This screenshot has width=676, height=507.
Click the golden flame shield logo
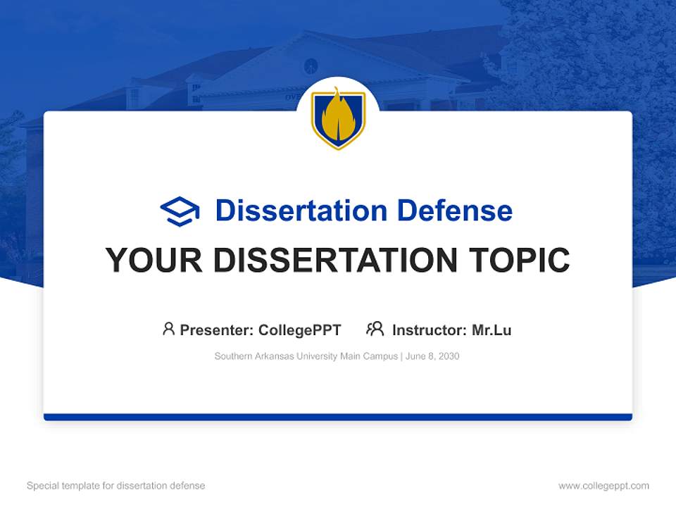[x=338, y=118]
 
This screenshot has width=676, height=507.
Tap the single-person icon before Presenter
[x=168, y=329]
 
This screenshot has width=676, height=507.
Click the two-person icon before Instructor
[x=375, y=329]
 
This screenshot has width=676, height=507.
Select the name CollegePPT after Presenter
[x=299, y=330]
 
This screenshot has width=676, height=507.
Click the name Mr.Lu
[x=492, y=330]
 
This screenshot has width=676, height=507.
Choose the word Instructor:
[x=430, y=330]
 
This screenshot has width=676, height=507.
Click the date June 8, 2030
[x=432, y=356]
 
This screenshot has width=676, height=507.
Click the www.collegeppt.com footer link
[x=603, y=486]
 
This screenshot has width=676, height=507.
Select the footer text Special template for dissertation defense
[x=115, y=486]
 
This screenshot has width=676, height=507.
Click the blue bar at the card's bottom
[x=338, y=417]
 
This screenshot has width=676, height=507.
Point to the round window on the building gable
[x=311, y=66]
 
